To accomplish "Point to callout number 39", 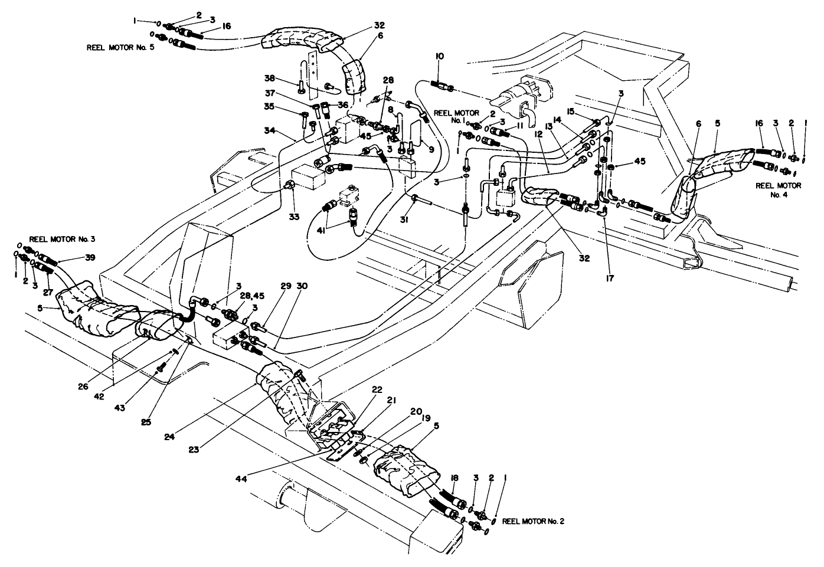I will pyautogui.click(x=73, y=257).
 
